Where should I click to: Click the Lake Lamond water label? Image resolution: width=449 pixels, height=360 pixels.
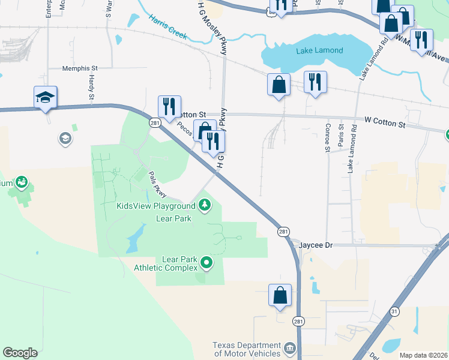point(319,51)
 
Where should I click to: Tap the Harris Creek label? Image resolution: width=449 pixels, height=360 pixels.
point(169,25)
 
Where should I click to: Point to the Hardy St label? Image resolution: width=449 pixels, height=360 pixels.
point(91,88)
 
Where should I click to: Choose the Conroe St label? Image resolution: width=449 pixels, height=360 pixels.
point(327,137)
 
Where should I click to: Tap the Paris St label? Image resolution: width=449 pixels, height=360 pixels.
point(340,135)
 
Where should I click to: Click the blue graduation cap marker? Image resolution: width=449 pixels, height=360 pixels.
point(45,97)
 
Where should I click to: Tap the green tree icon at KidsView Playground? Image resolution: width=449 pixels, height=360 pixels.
point(205,206)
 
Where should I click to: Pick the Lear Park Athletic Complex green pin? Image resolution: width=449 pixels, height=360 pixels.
point(206,262)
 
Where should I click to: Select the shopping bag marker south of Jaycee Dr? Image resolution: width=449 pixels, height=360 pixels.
point(280,295)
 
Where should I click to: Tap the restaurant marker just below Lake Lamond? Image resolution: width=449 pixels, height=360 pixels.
point(315,81)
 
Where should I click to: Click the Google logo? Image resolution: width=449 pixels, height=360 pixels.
point(20,352)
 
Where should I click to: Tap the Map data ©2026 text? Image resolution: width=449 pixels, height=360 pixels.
point(423,355)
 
